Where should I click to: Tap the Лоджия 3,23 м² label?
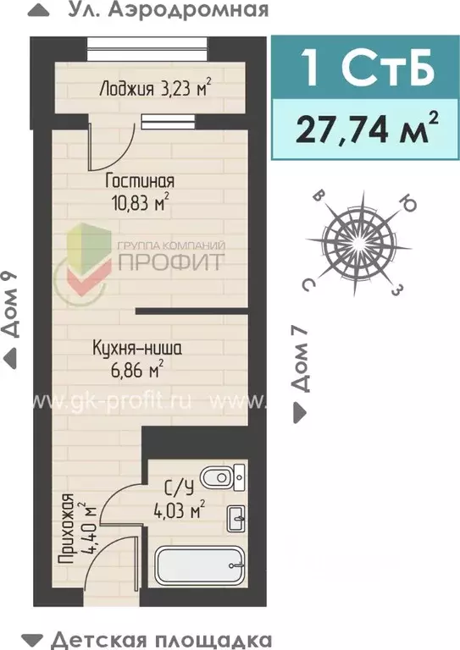tap(154, 87)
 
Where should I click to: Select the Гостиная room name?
tap(140, 181)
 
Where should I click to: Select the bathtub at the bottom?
tap(201, 563)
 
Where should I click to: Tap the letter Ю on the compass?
tap(407, 204)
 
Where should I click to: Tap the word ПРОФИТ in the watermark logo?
tap(171, 261)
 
